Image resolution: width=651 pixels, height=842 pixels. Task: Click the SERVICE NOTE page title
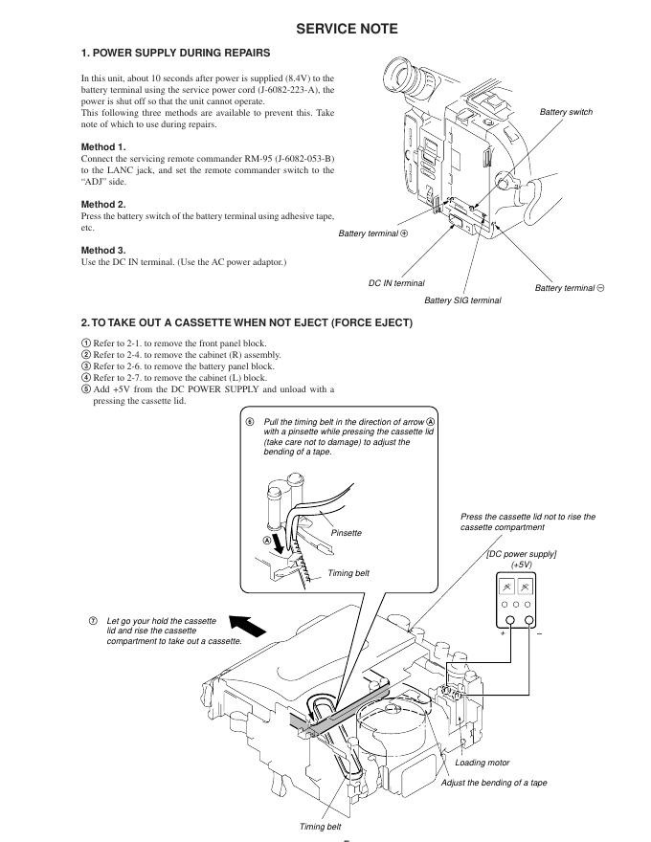pyautogui.click(x=347, y=29)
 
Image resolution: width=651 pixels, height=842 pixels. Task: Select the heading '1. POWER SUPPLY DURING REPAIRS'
pyautogui.click(x=175, y=53)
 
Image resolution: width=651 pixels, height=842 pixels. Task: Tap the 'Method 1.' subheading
pyautogui.click(x=102, y=146)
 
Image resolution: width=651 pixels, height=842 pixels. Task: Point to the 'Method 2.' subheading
pyautogui.click(x=102, y=205)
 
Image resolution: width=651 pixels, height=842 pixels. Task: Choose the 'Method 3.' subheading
pyautogui.click(x=102, y=251)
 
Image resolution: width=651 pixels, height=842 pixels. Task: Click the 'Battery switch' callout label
pyautogui.click(x=566, y=112)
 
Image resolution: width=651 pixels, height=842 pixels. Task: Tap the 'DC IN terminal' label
pyautogui.click(x=396, y=283)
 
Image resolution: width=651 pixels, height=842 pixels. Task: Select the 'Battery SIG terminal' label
pyautogui.click(x=462, y=300)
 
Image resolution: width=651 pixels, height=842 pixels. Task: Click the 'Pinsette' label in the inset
pyautogui.click(x=346, y=533)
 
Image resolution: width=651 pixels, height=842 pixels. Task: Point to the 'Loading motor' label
pyautogui.click(x=483, y=763)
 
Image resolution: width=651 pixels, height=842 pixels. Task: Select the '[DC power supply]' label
pyautogui.click(x=522, y=554)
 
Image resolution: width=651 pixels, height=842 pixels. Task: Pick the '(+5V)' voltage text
pyautogui.click(x=522, y=565)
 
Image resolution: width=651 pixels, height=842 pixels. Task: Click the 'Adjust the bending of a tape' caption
pyautogui.click(x=494, y=783)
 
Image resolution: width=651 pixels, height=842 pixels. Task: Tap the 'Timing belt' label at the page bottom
pyautogui.click(x=320, y=827)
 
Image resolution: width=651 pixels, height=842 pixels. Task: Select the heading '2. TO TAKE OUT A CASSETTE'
pyautogui.click(x=247, y=322)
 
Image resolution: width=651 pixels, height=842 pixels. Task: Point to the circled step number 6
pyautogui.click(x=251, y=421)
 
